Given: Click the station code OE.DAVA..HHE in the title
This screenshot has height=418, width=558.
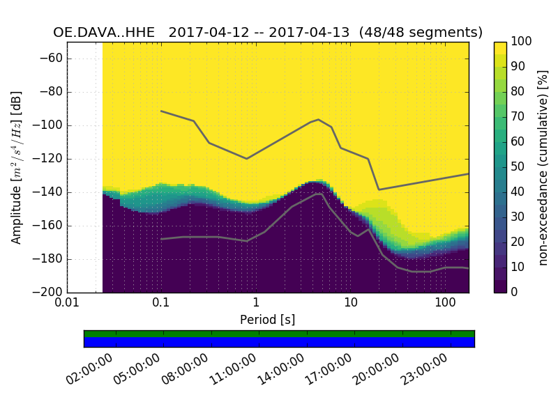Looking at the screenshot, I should (x=106, y=33).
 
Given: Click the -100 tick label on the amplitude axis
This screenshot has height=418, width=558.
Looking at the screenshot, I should (x=48, y=125).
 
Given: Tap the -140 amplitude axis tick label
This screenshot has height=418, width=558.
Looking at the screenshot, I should (x=48, y=192).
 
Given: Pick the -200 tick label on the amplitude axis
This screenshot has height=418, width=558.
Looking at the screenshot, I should (x=48, y=293).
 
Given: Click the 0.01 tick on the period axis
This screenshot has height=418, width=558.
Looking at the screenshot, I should (x=67, y=303).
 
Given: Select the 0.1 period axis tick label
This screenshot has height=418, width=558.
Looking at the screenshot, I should (x=161, y=303).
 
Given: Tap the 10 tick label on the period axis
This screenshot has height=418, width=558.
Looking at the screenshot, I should (x=350, y=303).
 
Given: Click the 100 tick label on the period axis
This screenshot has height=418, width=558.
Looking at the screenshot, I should (x=444, y=303).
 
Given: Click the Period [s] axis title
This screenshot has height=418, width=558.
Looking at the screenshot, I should (x=267, y=319).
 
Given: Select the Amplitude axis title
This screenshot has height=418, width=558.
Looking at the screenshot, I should (x=17, y=167).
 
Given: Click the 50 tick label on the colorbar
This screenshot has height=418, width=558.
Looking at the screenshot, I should (x=522, y=167).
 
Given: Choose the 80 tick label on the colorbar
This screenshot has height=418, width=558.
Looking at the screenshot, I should (x=522, y=92).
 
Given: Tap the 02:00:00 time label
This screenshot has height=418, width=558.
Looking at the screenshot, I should (x=91, y=369).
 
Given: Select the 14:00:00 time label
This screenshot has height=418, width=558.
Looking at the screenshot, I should (x=282, y=369).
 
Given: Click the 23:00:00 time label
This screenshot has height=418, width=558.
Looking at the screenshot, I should (x=425, y=369).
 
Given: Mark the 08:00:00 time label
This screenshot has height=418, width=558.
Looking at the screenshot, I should (x=186, y=369).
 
